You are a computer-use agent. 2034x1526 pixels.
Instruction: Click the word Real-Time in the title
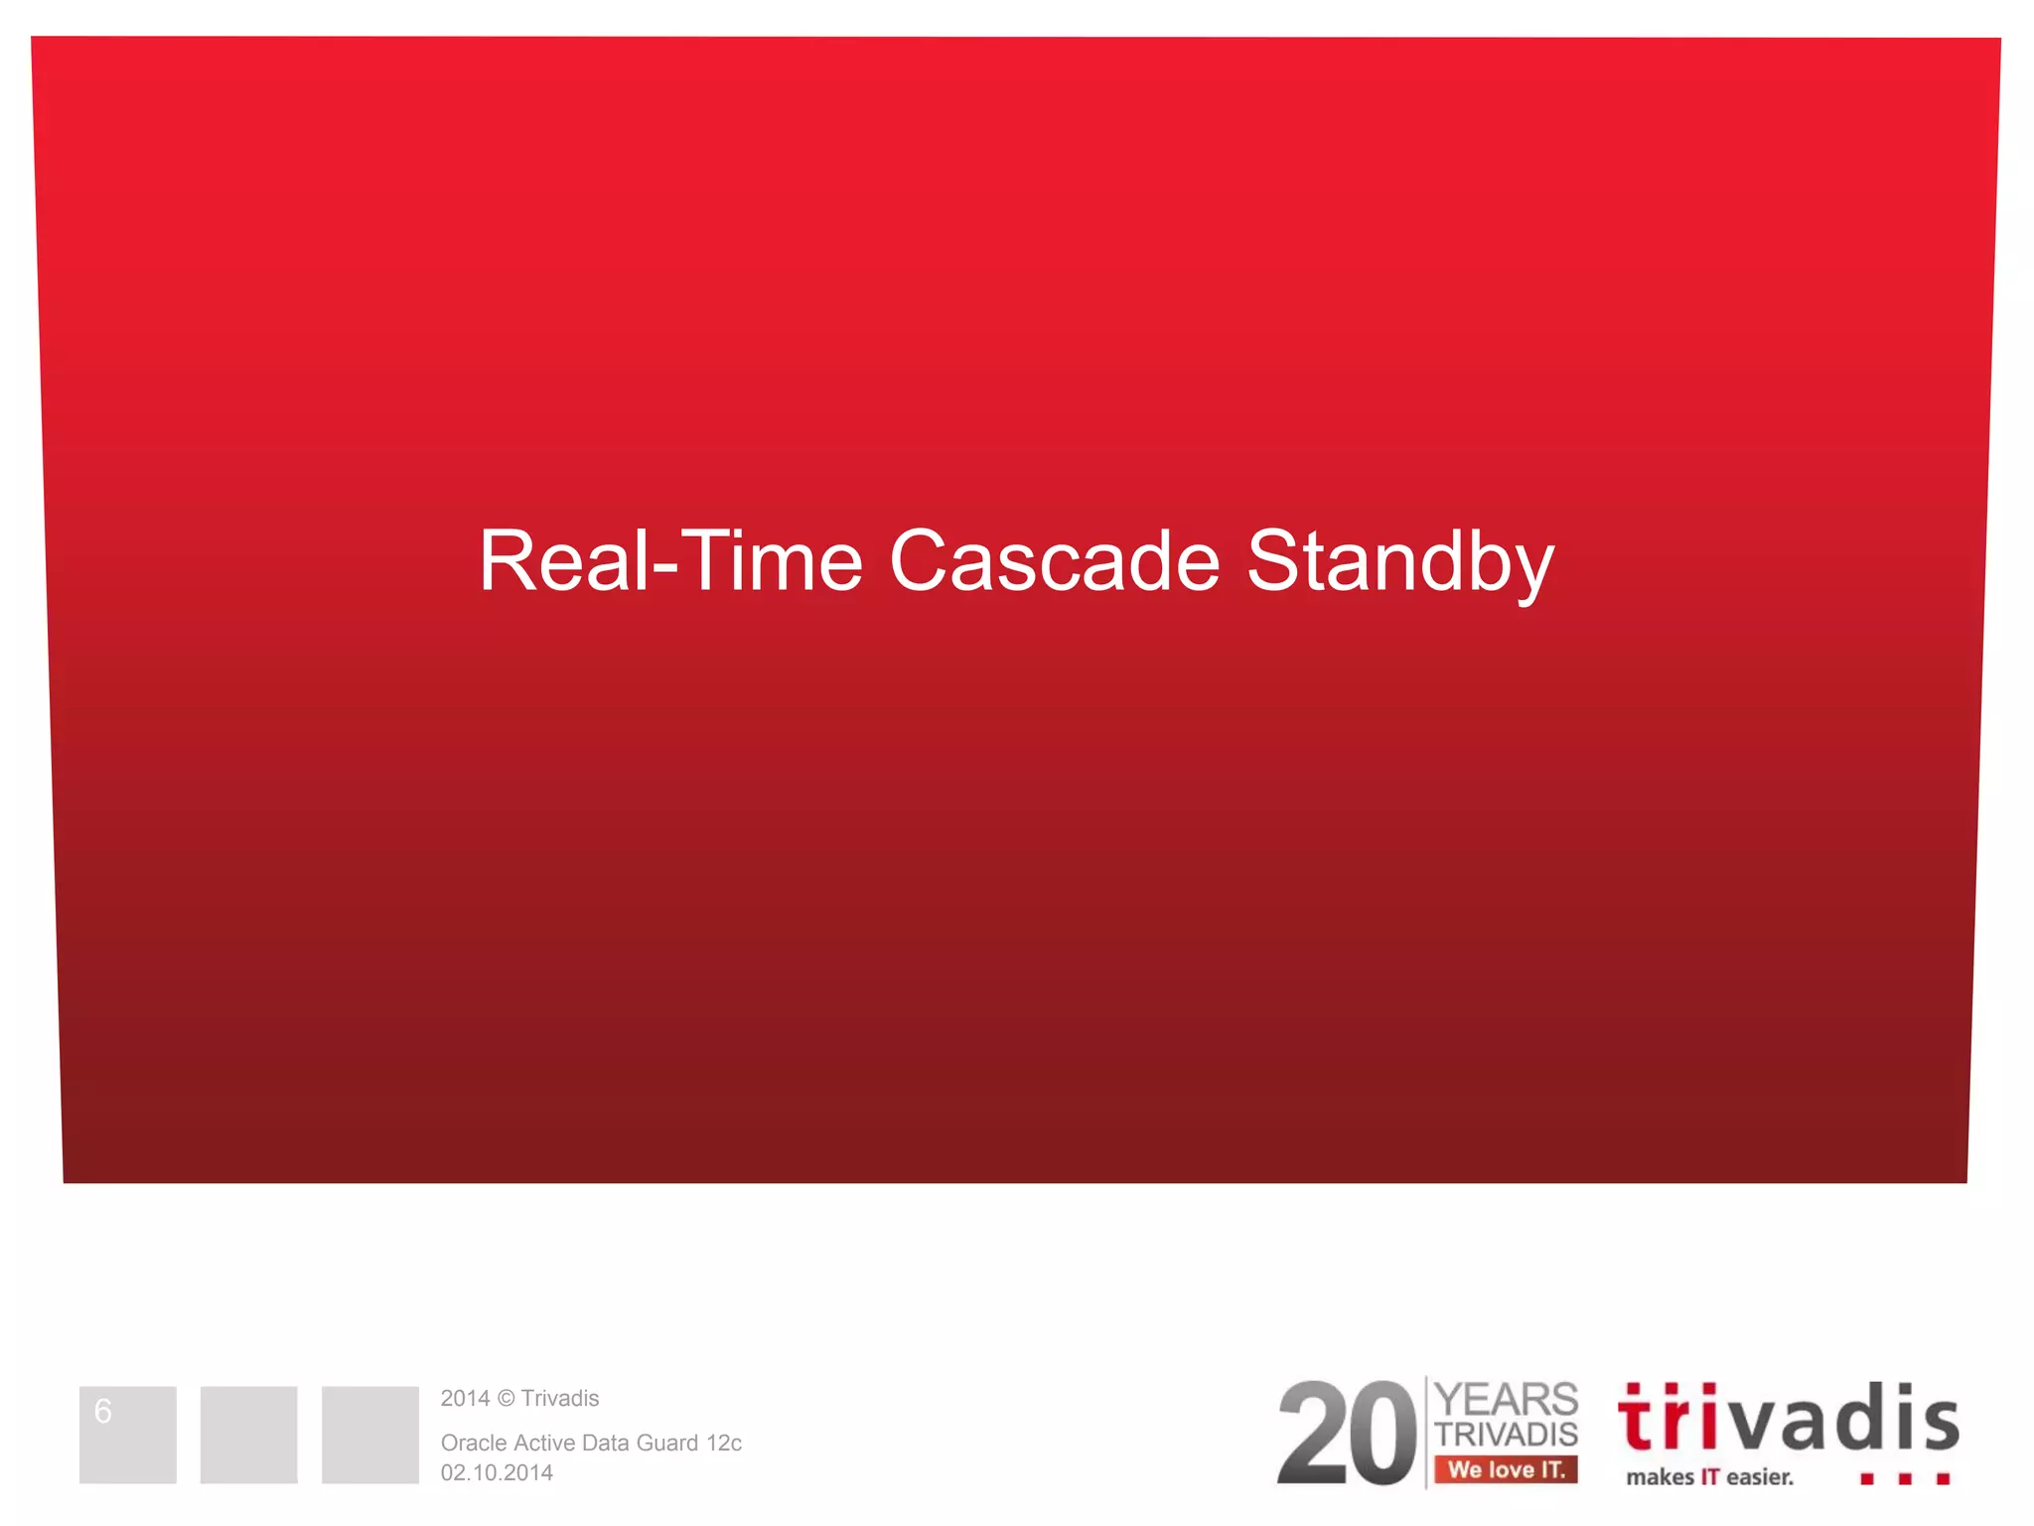(x=670, y=562)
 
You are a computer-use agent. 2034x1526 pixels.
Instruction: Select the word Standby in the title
(x=1400, y=562)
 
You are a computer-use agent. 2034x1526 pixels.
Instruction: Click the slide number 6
(x=103, y=1411)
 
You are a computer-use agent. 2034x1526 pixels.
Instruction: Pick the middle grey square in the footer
(x=248, y=1435)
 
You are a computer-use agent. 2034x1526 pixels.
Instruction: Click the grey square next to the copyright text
(x=369, y=1435)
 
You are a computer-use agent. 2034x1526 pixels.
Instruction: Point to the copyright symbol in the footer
(x=506, y=1399)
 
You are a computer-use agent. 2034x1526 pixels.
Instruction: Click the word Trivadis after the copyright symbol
(x=560, y=1399)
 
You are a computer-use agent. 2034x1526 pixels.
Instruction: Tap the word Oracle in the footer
(x=473, y=1443)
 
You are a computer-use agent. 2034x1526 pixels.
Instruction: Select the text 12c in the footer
(x=724, y=1443)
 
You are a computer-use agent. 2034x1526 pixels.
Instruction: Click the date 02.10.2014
(x=497, y=1472)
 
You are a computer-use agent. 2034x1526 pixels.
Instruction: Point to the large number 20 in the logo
(x=1346, y=1435)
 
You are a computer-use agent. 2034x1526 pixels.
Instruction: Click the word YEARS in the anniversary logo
(x=1507, y=1400)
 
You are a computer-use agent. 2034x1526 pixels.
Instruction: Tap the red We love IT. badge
(x=1506, y=1469)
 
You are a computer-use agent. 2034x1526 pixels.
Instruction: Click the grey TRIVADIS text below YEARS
(x=1507, y=1435)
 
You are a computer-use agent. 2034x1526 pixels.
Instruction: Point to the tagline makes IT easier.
(x=1709, y=1477)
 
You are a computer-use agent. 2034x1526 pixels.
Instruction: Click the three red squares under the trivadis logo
(x=1905, y=1479)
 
